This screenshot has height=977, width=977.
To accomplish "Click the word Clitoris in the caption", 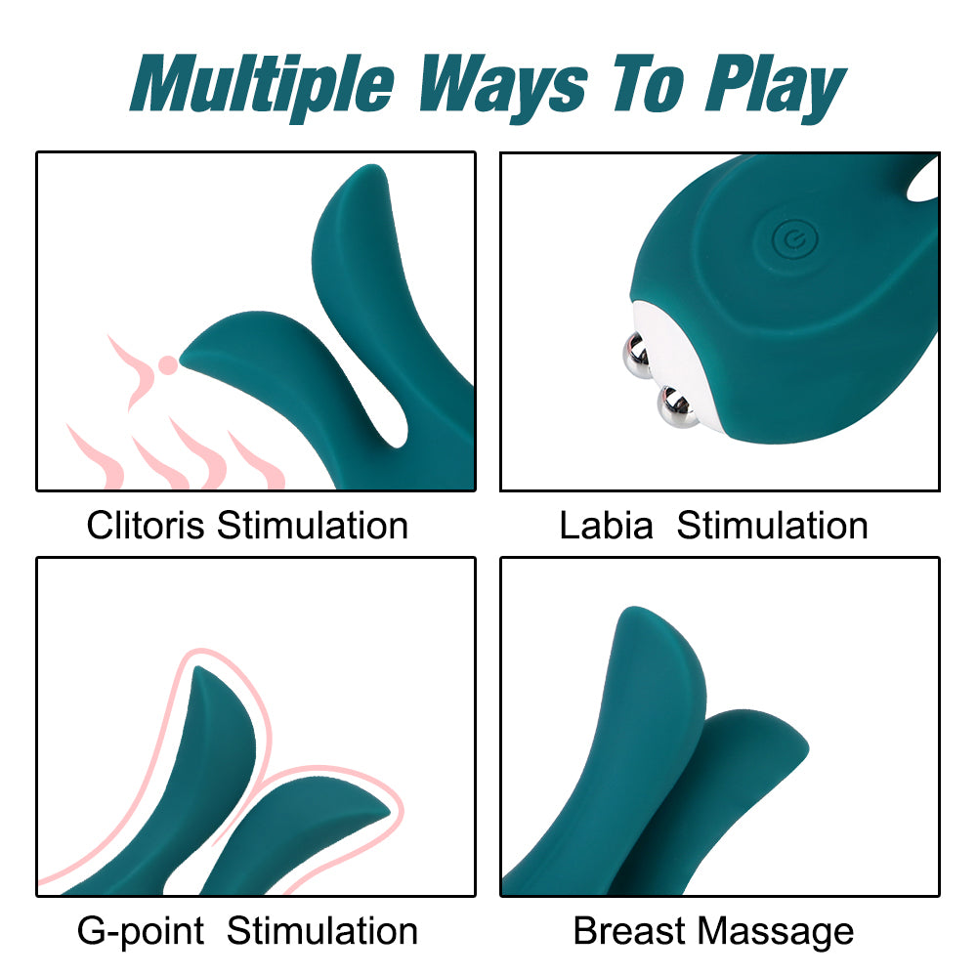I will point(146,526).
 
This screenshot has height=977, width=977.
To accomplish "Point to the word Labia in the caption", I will point(606,526).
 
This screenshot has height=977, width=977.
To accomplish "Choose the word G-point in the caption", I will point(141,931).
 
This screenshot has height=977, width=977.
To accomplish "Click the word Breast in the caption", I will point(629,931).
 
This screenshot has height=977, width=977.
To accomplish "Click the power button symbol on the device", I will point(788,237).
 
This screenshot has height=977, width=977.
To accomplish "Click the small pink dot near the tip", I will point(168,364).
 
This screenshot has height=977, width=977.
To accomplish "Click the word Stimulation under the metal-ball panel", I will point(772,526).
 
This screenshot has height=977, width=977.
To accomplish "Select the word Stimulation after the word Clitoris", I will point(312,526).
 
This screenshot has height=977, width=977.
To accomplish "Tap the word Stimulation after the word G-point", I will point(322,931).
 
